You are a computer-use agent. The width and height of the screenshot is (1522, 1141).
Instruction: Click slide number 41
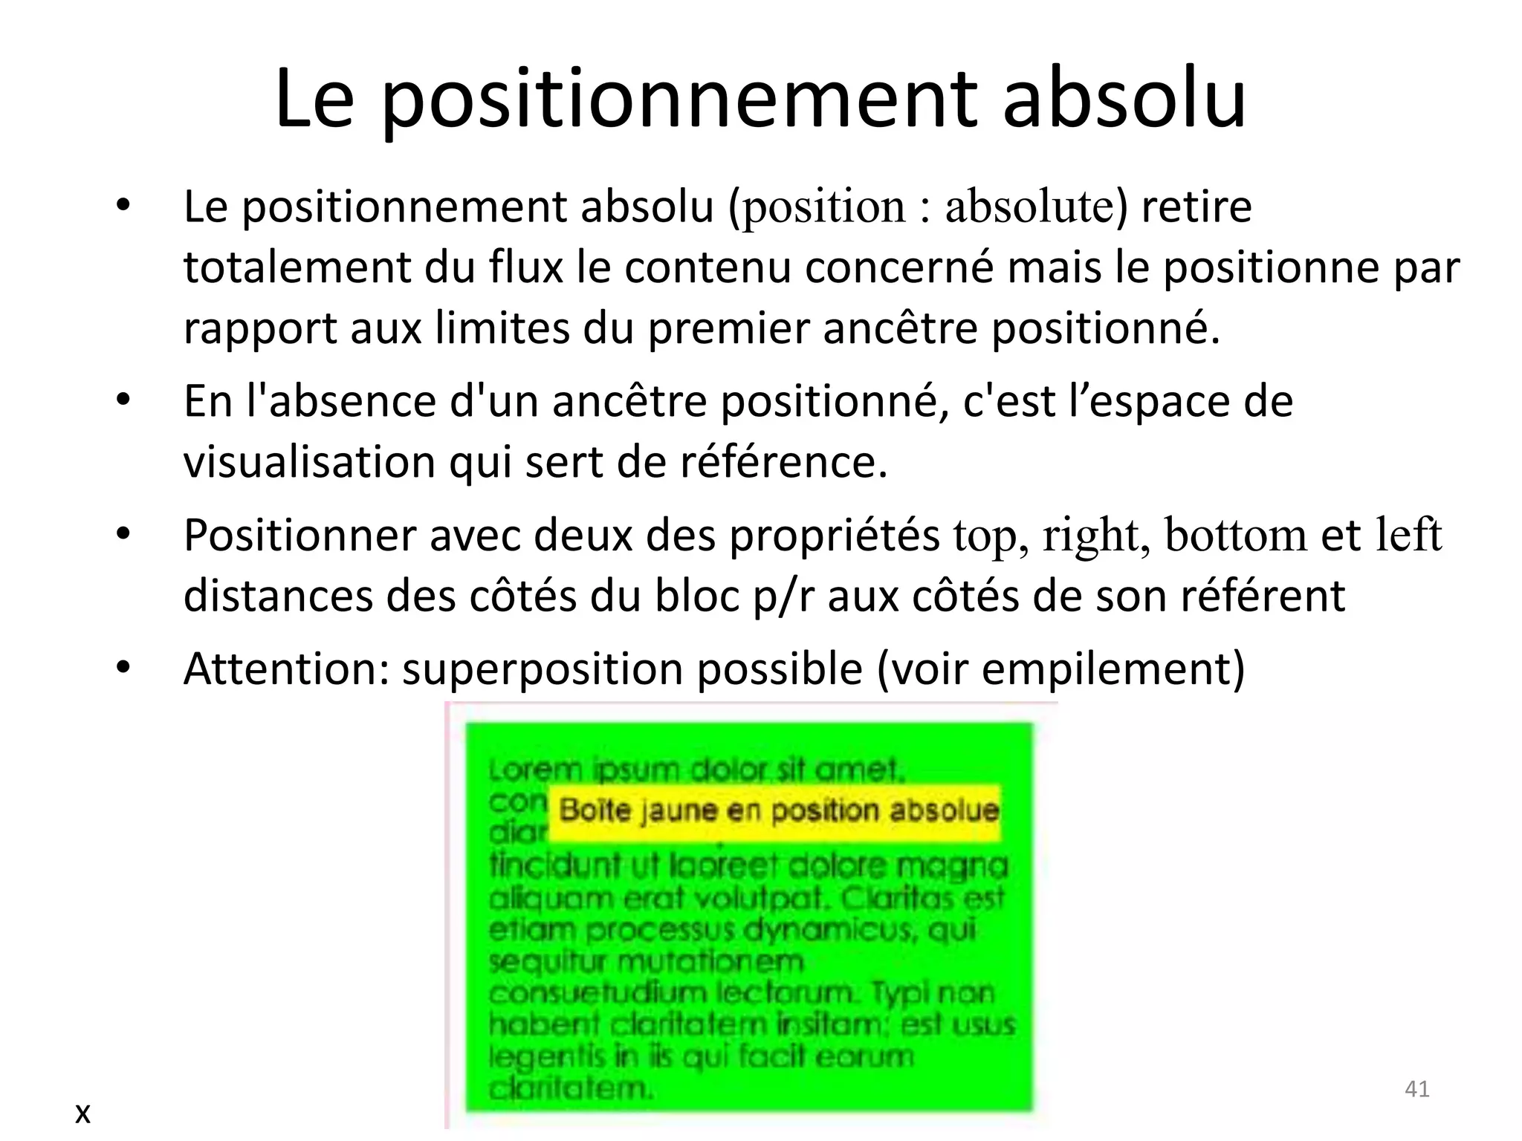pos(1416,1089)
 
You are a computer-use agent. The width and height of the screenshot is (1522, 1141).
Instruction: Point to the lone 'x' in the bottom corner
pos(82,1113)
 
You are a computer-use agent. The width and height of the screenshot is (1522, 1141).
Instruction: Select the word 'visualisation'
pos(309,462)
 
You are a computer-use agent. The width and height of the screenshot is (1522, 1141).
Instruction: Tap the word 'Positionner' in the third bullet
pos(299,536)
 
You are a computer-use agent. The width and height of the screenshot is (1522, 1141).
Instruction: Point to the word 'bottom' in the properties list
pos(1235,536)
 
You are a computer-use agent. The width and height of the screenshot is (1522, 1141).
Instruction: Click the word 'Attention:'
pos(287,669)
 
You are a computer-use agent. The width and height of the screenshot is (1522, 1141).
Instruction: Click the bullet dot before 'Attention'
pos(123,668)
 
